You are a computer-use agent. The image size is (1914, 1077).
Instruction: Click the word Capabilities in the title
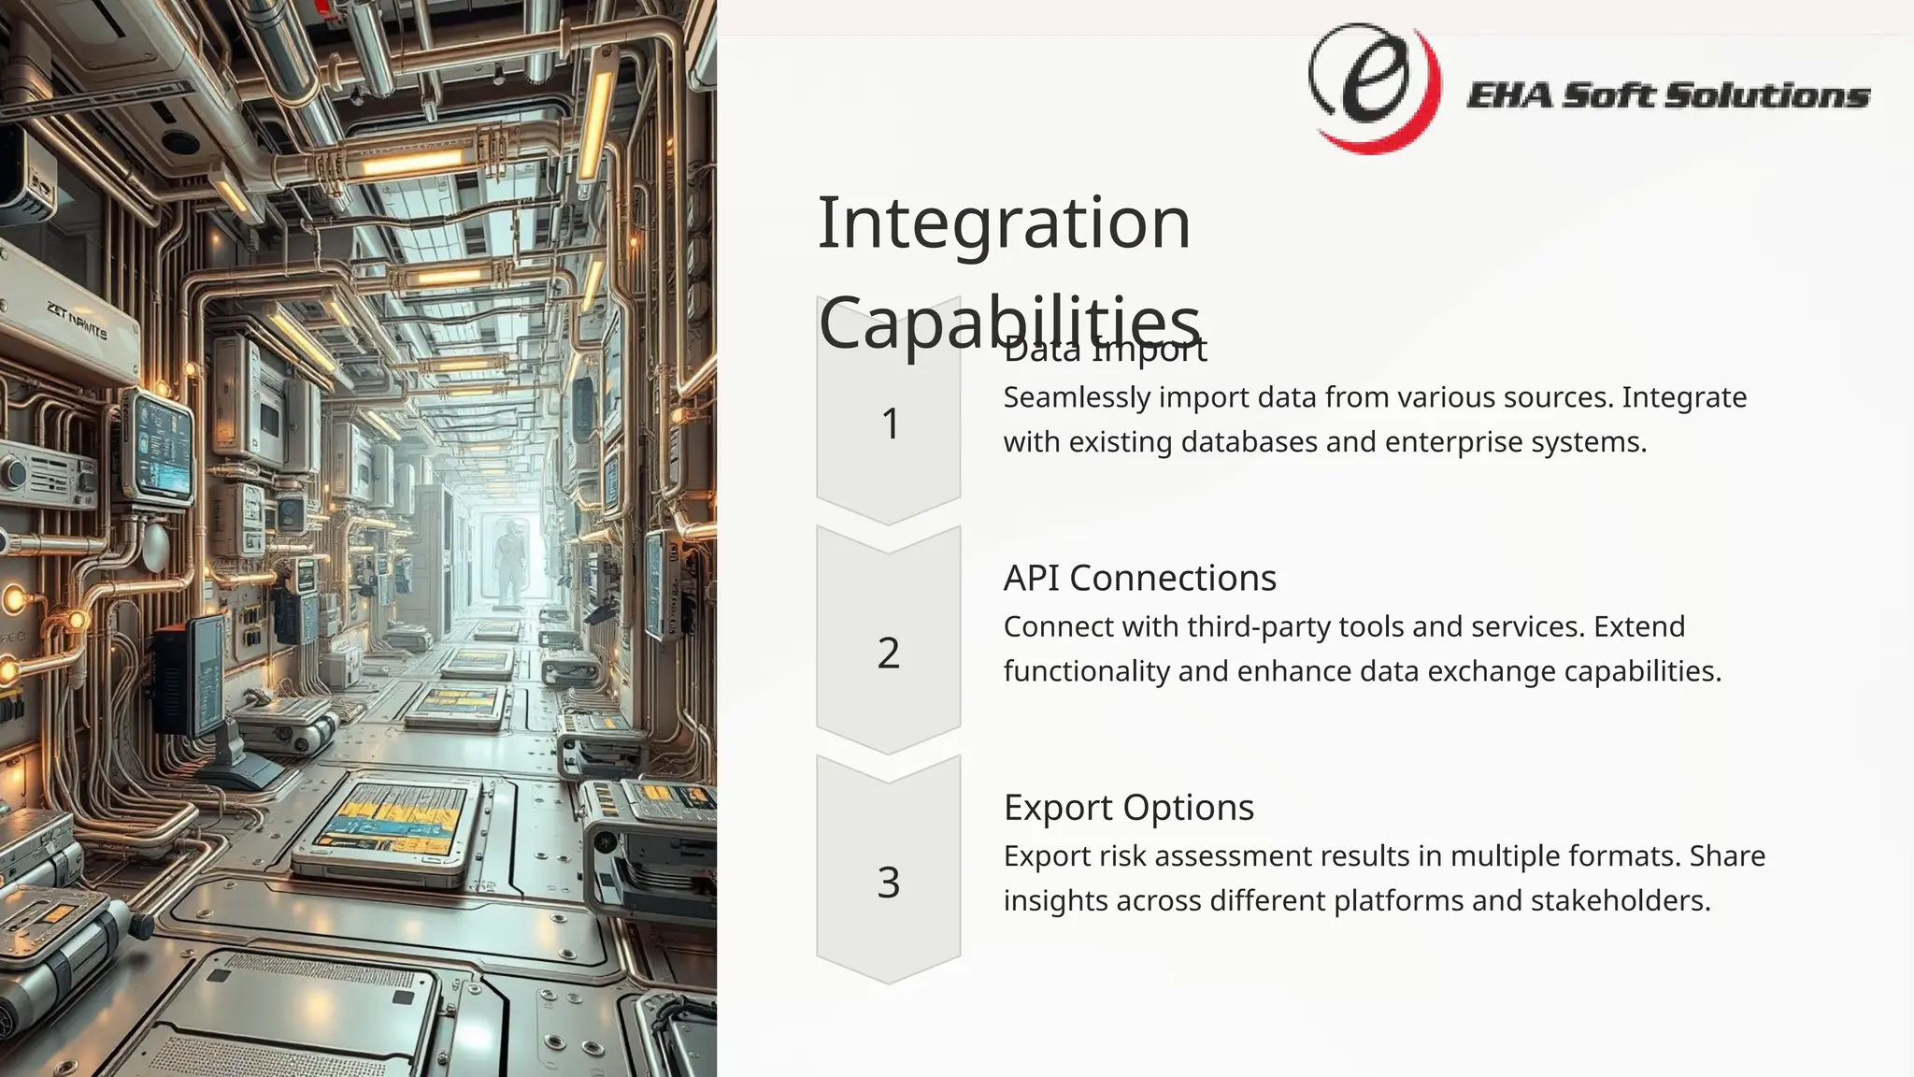click(x=1008, y=321)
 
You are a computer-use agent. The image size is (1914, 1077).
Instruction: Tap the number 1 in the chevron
click(x=890, y=424)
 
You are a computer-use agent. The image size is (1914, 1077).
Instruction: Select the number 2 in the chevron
click(x=889, y=653)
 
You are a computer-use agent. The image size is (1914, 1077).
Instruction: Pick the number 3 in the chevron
click(x=889, y=882)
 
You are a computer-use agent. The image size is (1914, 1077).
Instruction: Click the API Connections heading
click(x=1139, y=578)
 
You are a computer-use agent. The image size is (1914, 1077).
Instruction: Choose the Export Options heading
click(x=1128, y=807)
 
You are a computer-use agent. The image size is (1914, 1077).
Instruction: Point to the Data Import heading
click(x=1105, y=352)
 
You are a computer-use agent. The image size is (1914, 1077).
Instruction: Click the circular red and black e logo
click(x=1373, y=87)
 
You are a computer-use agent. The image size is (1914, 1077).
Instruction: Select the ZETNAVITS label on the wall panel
click(x=77, y=320)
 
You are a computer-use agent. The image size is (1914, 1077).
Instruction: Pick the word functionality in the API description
click(x=1086, y=671)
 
